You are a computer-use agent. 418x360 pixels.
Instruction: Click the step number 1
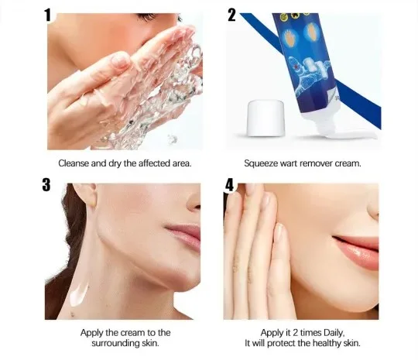[47, 15]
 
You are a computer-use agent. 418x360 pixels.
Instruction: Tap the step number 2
[231, 15]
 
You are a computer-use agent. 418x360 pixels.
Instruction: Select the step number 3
[46, 184]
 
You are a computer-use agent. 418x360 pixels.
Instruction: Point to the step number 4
[230, 185]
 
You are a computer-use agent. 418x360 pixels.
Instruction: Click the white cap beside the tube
[266, 118]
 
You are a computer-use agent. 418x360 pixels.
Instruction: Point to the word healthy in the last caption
[327, 343]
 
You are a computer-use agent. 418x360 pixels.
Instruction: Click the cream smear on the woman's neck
[79, 294]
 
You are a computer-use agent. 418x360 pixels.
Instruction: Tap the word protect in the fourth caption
[282, 343]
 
